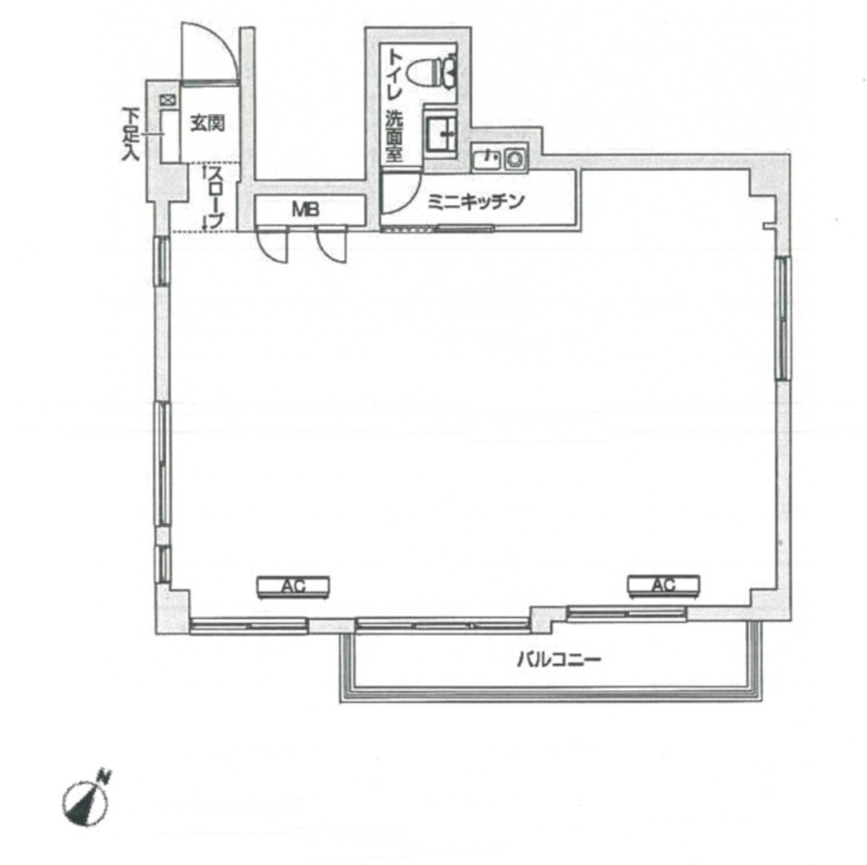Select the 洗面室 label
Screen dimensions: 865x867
pos(394,136)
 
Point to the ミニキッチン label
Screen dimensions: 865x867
pos(475,202)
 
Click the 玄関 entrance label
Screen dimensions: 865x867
pos(207,123)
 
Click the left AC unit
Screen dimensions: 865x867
pos(293,586)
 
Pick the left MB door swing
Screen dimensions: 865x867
pos(274,245)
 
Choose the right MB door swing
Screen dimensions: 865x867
pos(333,245)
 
